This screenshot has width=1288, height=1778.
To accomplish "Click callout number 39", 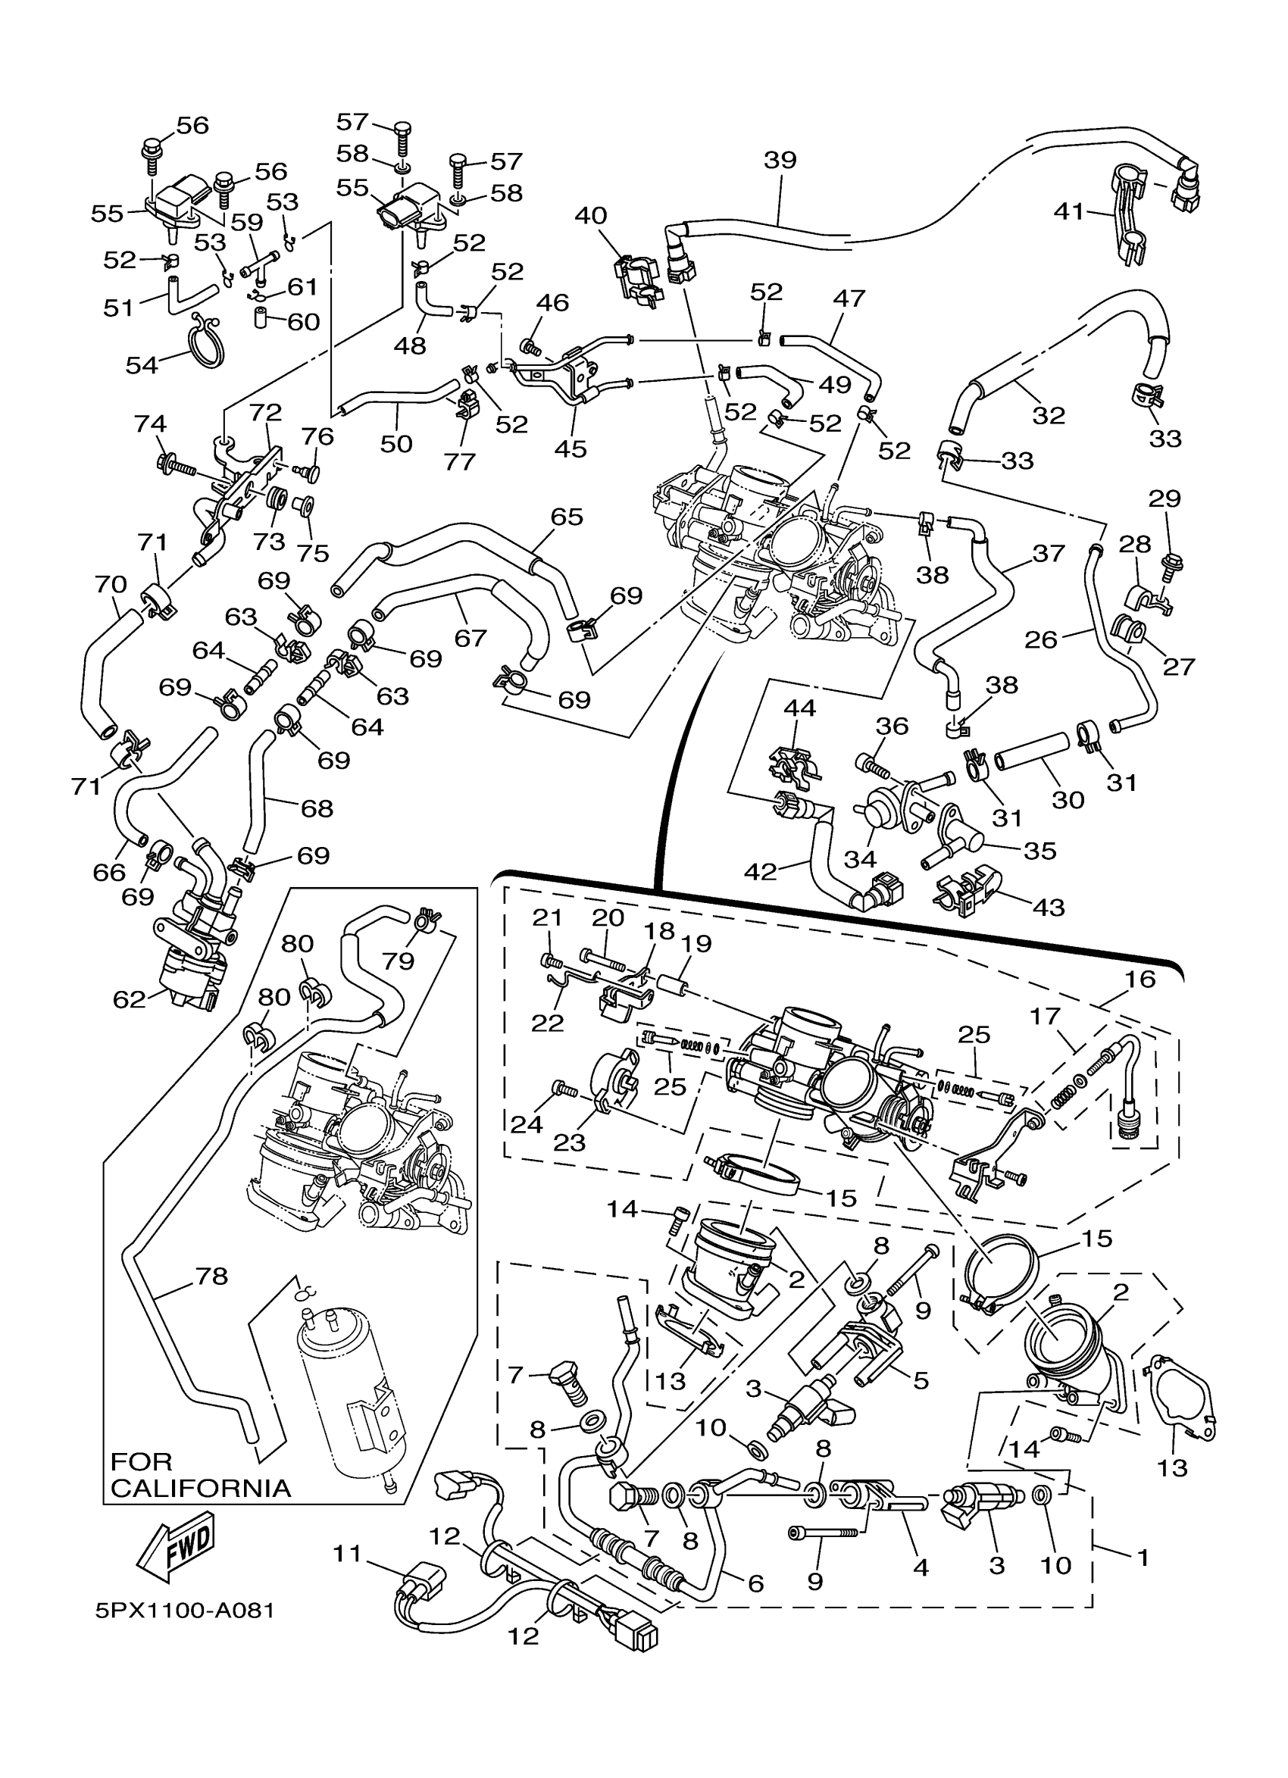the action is point(780,160).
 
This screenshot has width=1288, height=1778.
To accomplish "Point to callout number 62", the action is point(130,998).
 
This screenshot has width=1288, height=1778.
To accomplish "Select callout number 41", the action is point(1068,211).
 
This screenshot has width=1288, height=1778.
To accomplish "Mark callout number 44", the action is point(799,708).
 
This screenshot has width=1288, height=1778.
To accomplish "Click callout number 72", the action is point(265,411).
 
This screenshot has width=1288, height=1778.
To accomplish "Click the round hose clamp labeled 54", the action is point(205,341).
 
